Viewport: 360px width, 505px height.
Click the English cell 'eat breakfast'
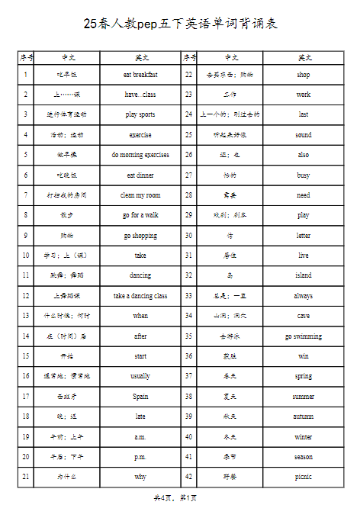140,75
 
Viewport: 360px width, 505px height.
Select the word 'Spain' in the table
140,397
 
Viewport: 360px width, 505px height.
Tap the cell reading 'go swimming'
304,336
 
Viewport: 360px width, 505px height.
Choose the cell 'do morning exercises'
140,155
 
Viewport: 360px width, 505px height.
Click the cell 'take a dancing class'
140,296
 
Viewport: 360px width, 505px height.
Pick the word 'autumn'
304,417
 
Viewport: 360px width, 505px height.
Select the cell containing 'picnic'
304,477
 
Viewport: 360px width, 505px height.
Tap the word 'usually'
140,376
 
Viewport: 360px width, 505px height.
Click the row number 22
188,75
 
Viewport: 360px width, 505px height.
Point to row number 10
26,256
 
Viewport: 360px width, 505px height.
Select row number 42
188,477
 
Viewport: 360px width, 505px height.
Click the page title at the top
180,24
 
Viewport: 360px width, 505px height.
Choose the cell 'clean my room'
140,195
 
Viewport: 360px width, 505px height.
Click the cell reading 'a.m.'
140,437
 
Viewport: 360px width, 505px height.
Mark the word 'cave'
304,316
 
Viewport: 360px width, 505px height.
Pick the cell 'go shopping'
140,236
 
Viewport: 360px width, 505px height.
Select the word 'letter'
304,236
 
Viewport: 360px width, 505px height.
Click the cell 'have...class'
140,95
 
